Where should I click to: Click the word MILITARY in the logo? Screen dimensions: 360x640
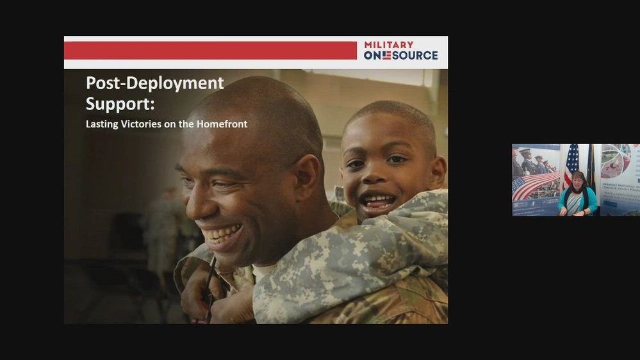pos(389,45)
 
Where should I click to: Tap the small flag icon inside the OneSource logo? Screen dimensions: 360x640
pos(386,56)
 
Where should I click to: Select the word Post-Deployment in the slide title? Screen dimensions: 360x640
pos(155,83)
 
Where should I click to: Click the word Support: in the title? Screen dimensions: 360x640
pos(120,103)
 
